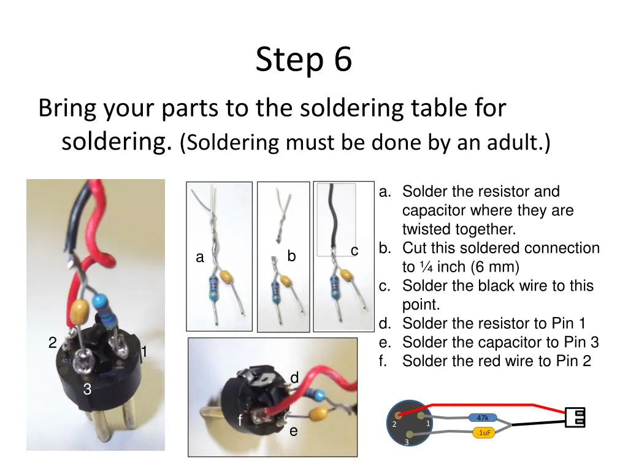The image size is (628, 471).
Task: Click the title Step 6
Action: click(304, 59)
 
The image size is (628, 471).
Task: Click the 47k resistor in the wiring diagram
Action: click(483, 418)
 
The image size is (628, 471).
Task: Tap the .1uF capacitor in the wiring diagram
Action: click(484, 432)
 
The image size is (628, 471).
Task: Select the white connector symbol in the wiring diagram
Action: click(575, 417)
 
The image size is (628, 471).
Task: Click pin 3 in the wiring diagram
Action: click(409, 434)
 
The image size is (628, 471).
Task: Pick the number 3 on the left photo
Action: click(87, 388)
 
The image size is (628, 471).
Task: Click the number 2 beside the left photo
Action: click(53, 342)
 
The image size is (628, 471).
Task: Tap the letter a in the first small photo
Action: click(200, 257)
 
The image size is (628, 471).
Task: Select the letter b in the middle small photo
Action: click(291, 256)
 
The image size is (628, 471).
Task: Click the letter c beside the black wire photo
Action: click(354, 251)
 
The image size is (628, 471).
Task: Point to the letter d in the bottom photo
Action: click(294, 377)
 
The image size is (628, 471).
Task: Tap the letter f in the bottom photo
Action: click(240, 419)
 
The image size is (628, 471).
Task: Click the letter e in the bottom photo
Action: click(294, 431)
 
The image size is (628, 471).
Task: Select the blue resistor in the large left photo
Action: click(105, 312)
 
